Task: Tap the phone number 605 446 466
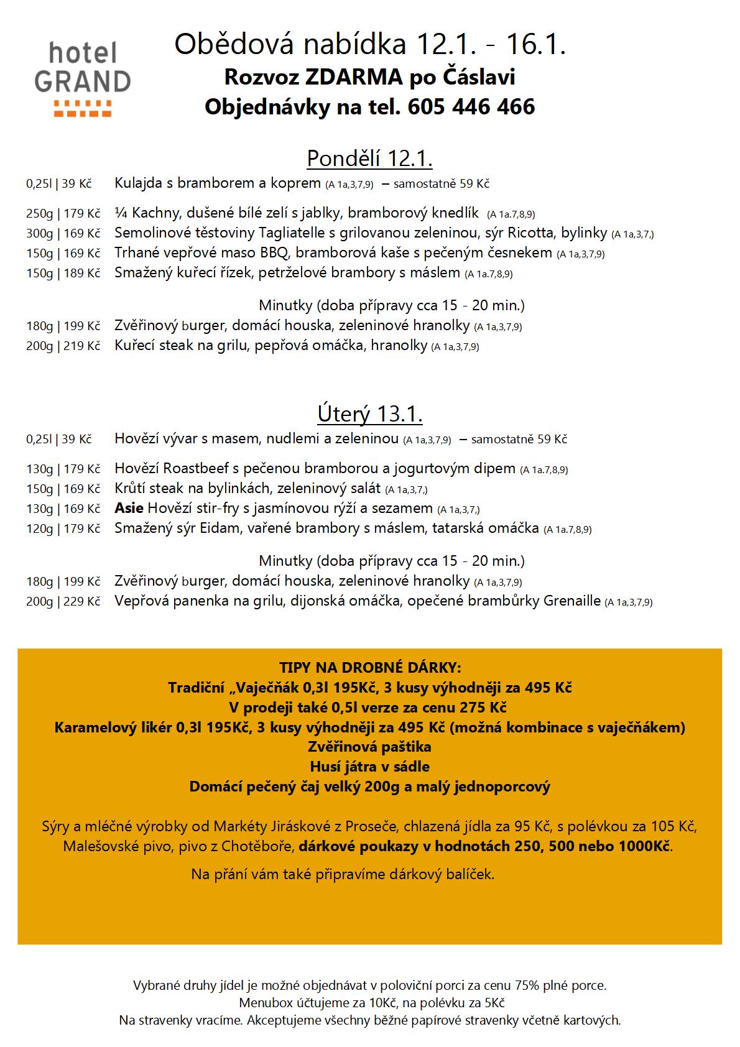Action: tap(471, 107)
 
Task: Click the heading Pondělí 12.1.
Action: tap(369, 159)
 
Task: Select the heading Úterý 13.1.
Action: tap(369, 414)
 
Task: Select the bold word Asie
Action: tap(129, 508)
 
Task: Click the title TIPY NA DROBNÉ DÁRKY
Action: tap(370, 668)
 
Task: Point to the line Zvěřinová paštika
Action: tap(369, 747)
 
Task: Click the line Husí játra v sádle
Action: tap(369, 767)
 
